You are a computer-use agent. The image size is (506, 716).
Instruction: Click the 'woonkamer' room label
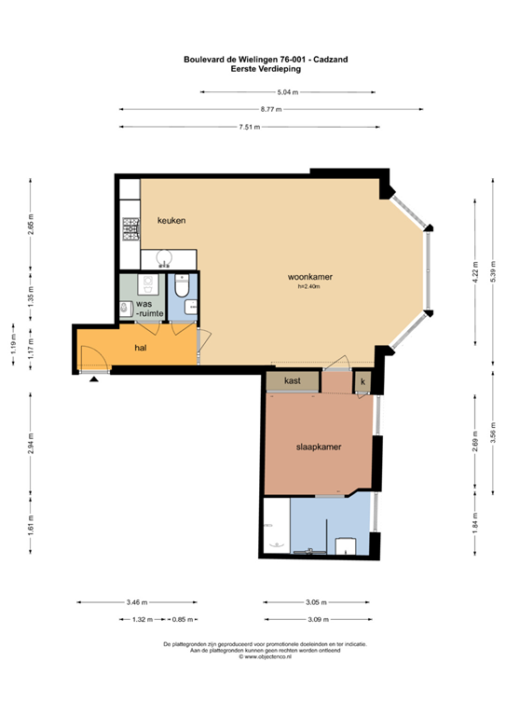pos(310,277)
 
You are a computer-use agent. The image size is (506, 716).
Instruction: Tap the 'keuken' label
pos(171,220)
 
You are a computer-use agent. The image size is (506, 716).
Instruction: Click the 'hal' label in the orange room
pos(142,347)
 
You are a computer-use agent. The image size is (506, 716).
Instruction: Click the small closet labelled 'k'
pos(362,381)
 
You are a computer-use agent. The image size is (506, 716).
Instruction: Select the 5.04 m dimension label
pos(287,92)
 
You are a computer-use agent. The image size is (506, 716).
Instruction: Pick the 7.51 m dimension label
pos(248,126)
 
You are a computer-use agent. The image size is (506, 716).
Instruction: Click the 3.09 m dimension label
pos(319,619)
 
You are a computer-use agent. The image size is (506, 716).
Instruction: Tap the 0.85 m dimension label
pos(185,619)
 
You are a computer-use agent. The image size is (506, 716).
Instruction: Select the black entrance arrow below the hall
pos(94,379)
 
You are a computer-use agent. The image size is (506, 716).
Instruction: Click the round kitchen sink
pos(168,258)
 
